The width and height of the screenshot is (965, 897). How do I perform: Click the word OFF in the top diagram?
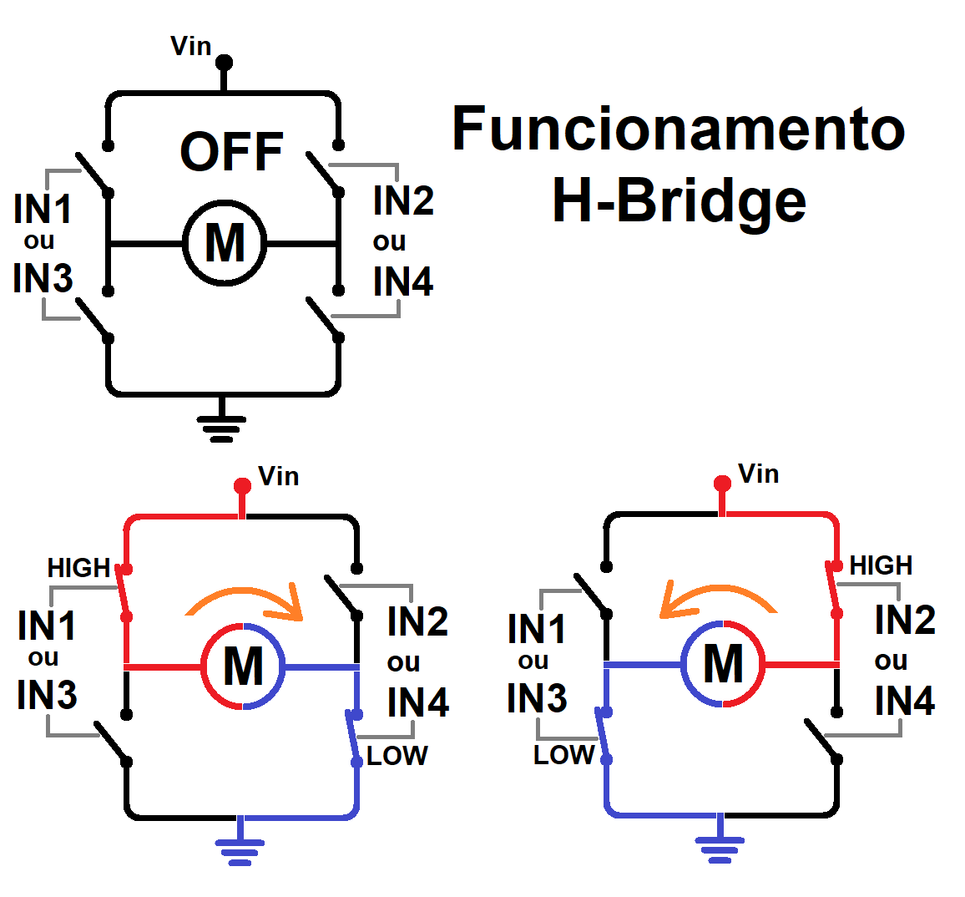pyautogui.click(x=231, y=151)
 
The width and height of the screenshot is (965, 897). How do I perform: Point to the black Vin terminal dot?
pyautogui.click(x=224, y=63)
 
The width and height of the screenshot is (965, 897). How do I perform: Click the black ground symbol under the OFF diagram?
pyautogui.click(x=221, y=425)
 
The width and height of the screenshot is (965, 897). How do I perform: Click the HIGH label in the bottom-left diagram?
pyautogui.click(x=78, y=568)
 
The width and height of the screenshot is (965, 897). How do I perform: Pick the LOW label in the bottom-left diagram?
pyautogui.click(x=397, y=756)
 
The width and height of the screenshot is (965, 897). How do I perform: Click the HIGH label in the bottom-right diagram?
pyautogui.click(x=881, y=565)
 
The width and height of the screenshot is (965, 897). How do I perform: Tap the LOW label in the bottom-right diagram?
pyautogui.click(x=563, y=755)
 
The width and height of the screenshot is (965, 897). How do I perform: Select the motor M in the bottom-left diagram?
pyautogui.click(x=243, y=666)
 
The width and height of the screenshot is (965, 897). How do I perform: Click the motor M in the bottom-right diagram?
pyautogui.click(x=723, y=664)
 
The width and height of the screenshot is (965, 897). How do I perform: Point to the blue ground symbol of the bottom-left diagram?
pyautogui.click(x=240, y=847)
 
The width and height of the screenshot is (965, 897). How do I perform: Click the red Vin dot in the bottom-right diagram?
pyautogui.click(x=723, y=484)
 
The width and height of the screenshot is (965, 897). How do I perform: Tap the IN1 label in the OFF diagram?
pyautogui.click(x=43, y=209)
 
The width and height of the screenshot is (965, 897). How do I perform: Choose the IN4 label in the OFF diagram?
pyautogui.click(x=403, y=281)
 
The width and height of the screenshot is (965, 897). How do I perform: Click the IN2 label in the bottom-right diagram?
pyautogui.click(x=905, y=619)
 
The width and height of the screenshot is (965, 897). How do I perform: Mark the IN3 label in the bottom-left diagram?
pyautogui.click(x=47, y=694)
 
